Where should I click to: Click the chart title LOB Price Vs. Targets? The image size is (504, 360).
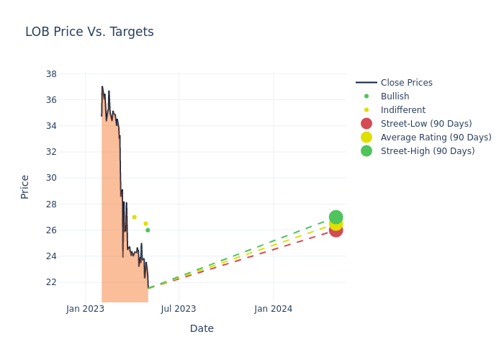pyautogui.click(x=89, y=32)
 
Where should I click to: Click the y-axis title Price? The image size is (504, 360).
pyautogui.click(x=25, y=186)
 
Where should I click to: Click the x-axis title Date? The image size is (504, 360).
pyautogui.click(x=202, y=328)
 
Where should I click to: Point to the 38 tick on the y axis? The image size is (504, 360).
pyautogui.click(x=51, y=73)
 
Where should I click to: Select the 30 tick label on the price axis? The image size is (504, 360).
pyautogui.click(x=51, y=178)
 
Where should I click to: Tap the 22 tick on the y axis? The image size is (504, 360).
pyautogui.click(x=51, y=282)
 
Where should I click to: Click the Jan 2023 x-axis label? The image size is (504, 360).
pyautogui.click(x=85, y=309)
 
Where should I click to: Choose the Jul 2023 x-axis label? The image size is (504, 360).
pyautogui.click(x=179, y=309)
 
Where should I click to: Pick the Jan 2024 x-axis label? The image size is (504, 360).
pyautogui.click(x=274, y=309)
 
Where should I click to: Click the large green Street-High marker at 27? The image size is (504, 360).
pyautogui.click(x=336, y=217)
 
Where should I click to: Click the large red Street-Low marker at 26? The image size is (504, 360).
pyautogui.click(x=336, y=230)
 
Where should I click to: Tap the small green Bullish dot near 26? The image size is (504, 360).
pyautogui.click(x=148, y=230)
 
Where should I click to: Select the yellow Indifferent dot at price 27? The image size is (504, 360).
pyautogui.click(x=134, y=217)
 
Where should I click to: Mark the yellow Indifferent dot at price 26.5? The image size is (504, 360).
pyautogui.click(x=145, y=223)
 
